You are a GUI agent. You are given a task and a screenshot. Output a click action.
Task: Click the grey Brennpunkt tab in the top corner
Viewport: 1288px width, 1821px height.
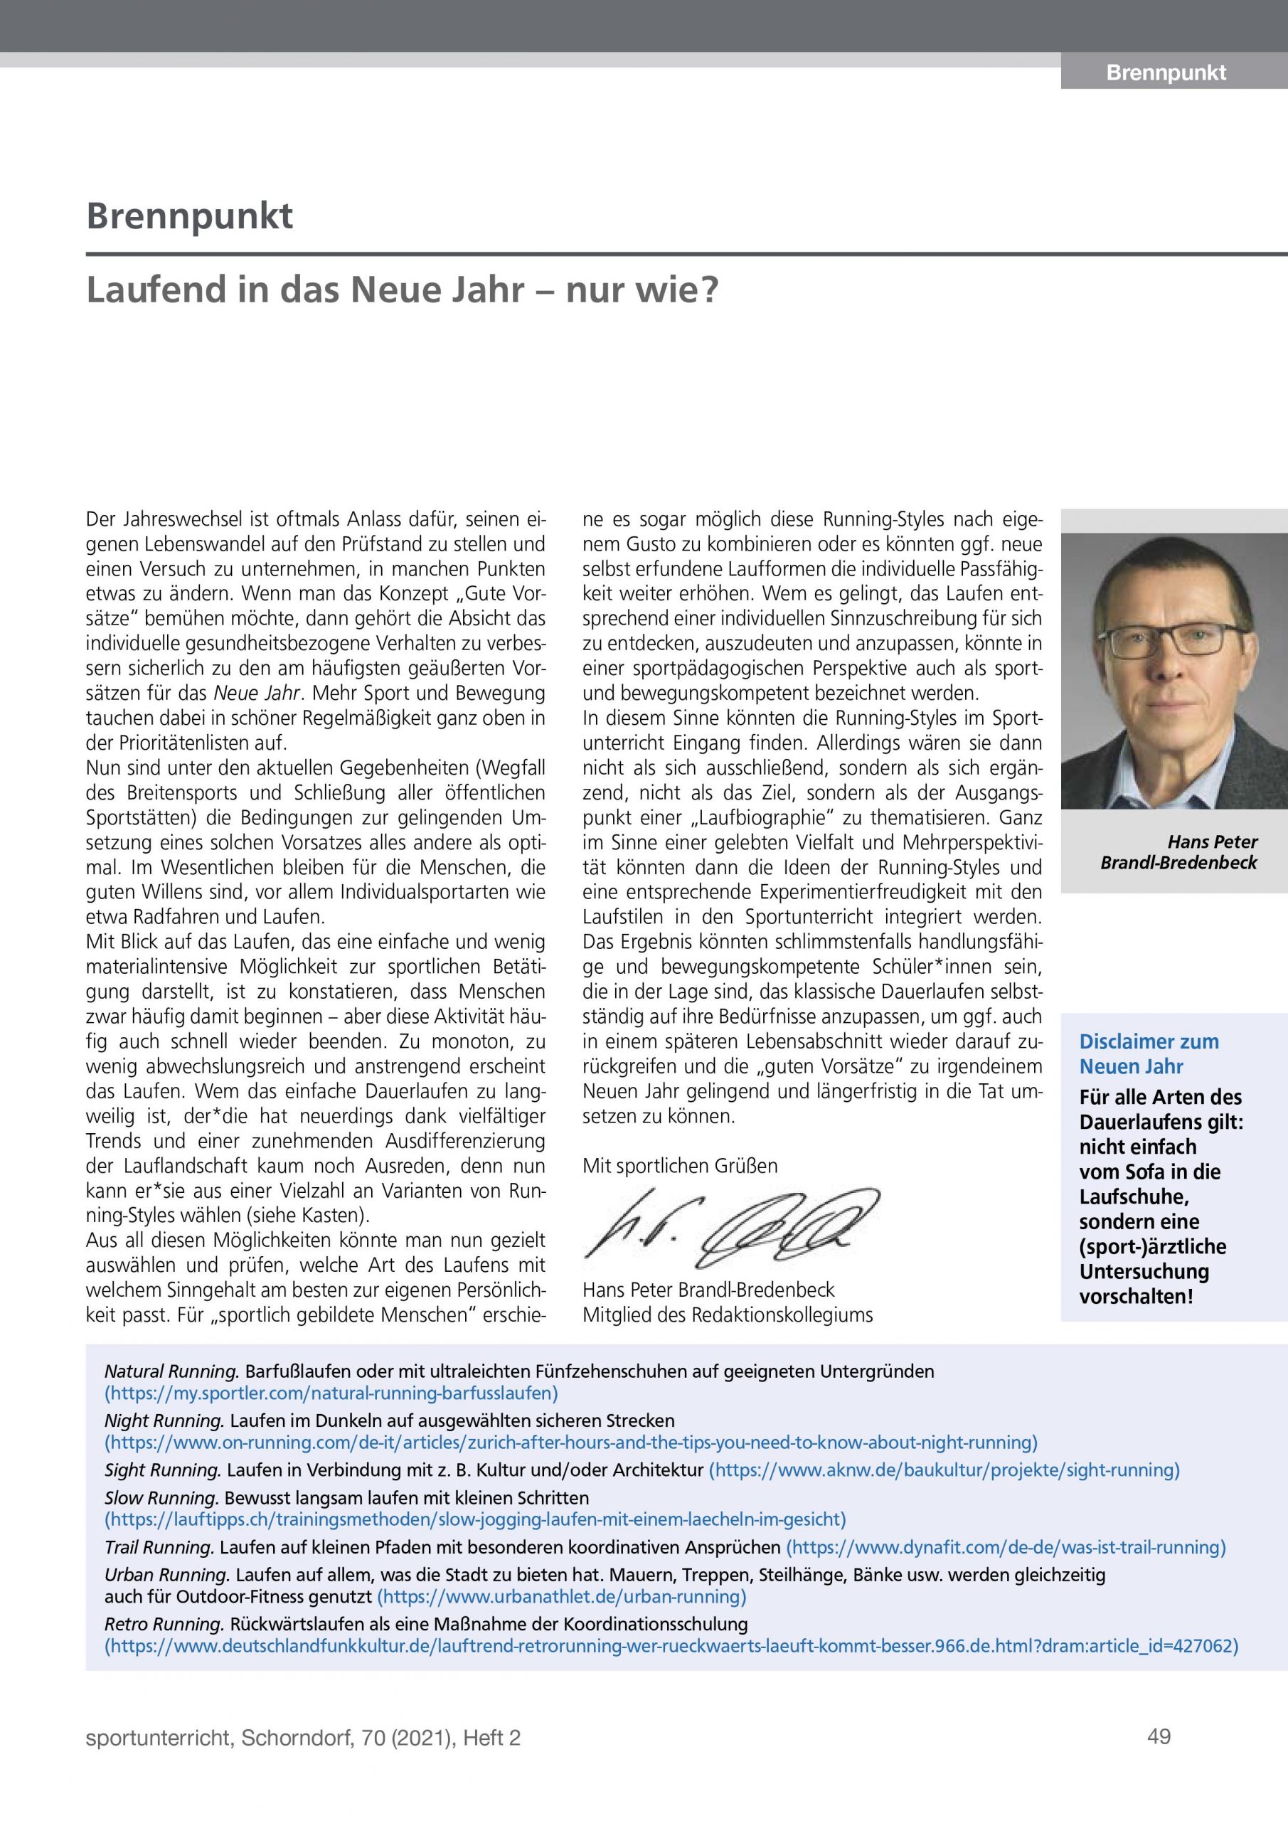(1165, 73)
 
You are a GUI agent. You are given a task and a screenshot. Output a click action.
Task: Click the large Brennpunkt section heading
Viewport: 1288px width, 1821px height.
(190, 216)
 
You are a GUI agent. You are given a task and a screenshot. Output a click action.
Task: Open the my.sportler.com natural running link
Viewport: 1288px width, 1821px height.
(331, 1392)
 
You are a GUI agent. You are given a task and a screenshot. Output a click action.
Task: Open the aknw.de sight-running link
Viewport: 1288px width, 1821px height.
(943, 1470)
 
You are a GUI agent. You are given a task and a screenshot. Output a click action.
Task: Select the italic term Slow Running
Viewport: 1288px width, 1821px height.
(161, 1498)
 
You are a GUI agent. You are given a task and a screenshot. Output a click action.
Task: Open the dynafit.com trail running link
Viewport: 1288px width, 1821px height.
(1005, 1546)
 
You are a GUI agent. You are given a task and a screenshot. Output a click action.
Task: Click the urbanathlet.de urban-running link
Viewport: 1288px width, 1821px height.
(562, 1596)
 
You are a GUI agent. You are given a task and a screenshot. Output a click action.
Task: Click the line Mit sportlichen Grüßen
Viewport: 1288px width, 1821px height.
(680, 1166)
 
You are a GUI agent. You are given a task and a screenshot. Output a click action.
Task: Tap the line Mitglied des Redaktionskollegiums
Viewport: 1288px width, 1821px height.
(728, 1315)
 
